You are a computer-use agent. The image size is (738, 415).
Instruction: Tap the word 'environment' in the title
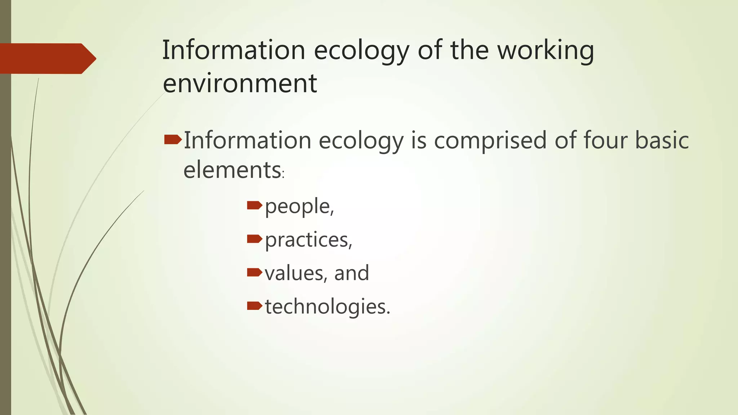240,83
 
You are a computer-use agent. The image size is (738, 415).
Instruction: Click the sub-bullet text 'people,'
299,206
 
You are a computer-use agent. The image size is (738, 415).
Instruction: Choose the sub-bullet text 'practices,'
308,240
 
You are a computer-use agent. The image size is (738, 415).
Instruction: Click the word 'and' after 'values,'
351,273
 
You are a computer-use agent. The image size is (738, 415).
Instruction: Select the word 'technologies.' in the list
328,307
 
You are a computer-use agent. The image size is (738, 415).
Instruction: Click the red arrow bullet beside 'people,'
254,206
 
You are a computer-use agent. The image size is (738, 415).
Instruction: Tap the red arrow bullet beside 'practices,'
254,239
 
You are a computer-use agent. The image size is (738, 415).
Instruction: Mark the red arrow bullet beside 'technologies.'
254,306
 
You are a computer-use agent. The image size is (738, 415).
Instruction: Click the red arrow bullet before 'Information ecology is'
173,139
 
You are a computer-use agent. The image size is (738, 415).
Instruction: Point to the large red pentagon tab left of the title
47,58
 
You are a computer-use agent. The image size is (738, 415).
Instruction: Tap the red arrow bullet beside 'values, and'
254,272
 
